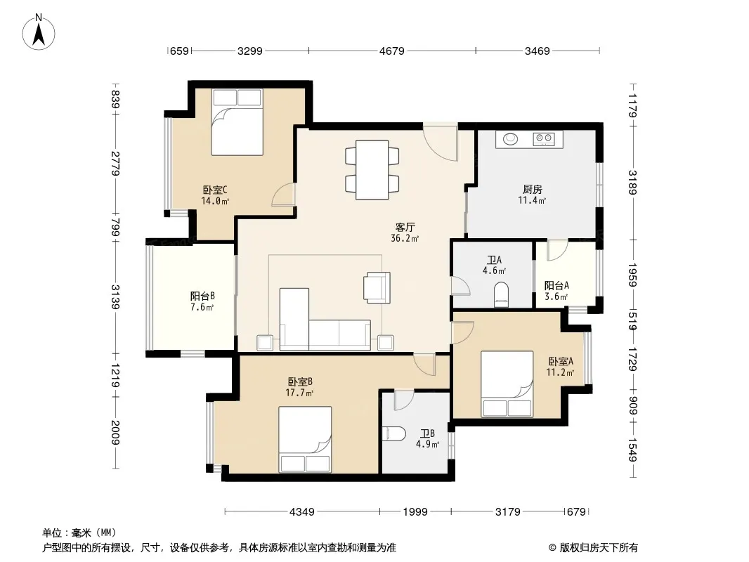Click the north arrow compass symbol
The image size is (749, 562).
tap(39, 32)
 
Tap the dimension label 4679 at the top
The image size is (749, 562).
tap(391, 51)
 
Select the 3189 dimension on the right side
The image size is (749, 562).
tap(632, 183)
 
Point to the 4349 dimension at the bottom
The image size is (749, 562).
tap(302, 512)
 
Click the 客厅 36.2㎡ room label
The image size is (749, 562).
tap(405, 233)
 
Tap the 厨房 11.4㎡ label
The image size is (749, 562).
tap(532, 195)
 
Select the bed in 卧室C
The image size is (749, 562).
tap(237, 122)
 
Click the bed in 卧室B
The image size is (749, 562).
tap(305, 440)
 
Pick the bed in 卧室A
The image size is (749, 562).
tap(507, 384)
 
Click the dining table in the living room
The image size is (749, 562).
tap(372, 169)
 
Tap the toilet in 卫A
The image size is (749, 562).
tap(501, 294)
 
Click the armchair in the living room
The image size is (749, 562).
tap(377, 287)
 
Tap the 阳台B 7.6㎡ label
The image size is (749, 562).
tap(202, 301)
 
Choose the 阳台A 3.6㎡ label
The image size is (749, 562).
tap(556, 291)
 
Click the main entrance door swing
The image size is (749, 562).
tap(441, 143)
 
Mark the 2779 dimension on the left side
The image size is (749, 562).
tap(115, 163)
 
